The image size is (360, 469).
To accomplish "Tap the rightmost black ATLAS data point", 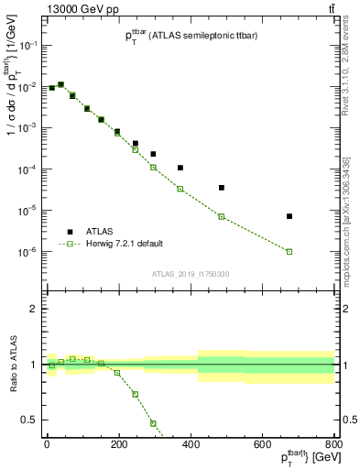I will [289, 216].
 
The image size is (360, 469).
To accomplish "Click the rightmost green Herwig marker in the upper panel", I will [289, 251].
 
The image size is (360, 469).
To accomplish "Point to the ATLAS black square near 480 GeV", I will [222, 188].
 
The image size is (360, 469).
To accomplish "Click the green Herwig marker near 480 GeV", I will [222, 216].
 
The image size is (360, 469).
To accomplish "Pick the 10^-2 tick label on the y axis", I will [27, 86].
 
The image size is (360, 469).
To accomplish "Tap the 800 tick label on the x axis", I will [333, 444].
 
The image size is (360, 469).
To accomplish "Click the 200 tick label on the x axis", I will [118, 444].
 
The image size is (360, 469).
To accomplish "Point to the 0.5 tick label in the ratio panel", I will [28, 420].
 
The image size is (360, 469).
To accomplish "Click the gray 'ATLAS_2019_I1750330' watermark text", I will [191, 273].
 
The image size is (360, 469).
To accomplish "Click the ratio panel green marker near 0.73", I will [136, 394].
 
